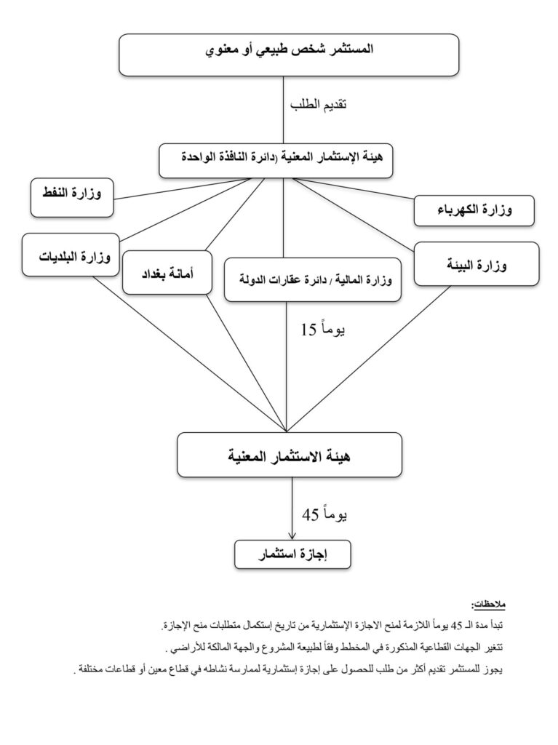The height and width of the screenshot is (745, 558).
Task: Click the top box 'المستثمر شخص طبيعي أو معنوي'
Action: (x=289, y=52)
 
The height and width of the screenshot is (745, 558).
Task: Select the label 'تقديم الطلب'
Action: (x=317, y=105)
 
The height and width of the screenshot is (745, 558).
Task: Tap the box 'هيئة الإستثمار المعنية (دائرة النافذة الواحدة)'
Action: (x=276, y=160)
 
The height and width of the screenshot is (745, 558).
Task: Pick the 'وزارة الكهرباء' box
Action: (x=475, y=210)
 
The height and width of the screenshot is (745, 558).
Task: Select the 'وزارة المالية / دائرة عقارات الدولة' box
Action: (x=314, y=279)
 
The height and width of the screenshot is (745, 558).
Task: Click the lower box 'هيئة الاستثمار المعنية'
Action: (x=289, y=455)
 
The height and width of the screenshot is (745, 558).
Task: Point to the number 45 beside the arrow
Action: (x=310, y=514)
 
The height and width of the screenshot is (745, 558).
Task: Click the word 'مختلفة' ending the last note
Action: (x=90, y=669)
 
